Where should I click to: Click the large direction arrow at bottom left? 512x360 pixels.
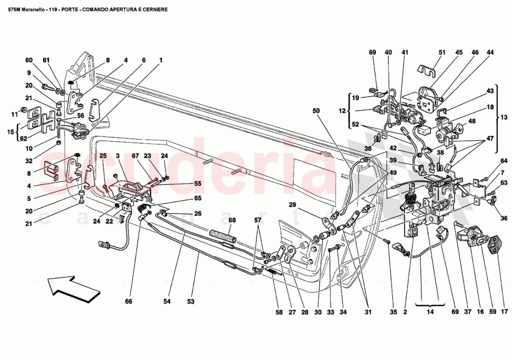click(x=74, y=285)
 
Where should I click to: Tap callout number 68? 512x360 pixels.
click(x=231, y=220)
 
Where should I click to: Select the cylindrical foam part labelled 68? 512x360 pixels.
click(x=222, y=237)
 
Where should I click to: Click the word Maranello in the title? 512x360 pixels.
click(x=34, y=9)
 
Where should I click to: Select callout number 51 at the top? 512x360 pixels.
click(x=442, y=53)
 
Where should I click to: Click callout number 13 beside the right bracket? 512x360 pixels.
click(x=505, y=118)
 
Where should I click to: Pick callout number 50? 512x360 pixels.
click(x=317, y=111)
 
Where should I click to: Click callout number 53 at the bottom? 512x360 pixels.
click(x=190, y=301)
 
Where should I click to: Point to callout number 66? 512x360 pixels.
click(x=128, y=301)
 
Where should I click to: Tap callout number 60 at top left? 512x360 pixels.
click(x=29, y=60)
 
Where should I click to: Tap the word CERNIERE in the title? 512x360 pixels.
click(x=154, y=9)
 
